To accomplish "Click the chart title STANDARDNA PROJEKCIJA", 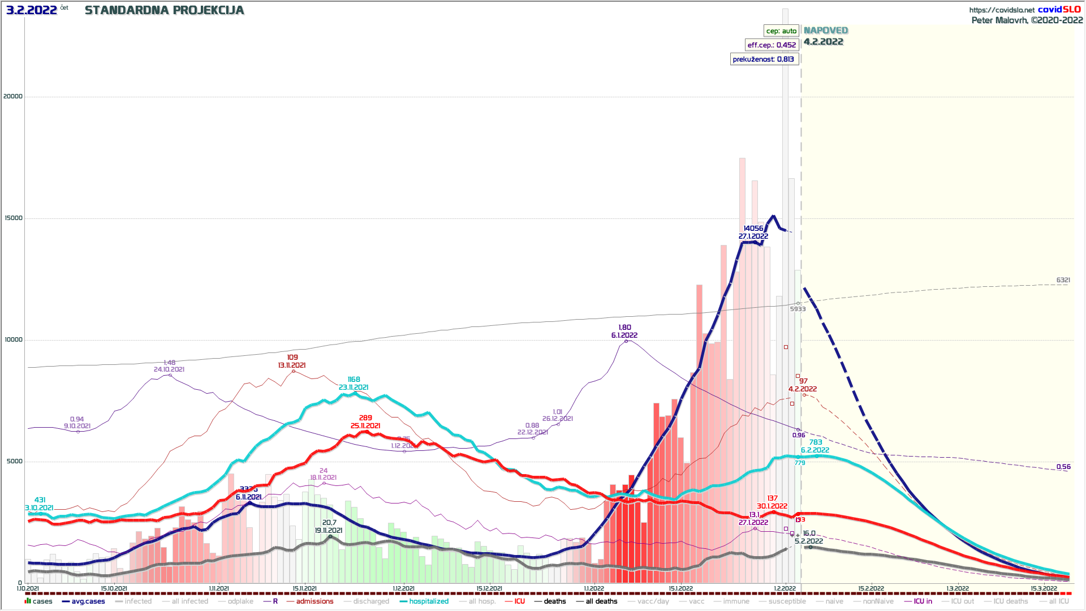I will (164, 10).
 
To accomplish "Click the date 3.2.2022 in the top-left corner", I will (32, 10).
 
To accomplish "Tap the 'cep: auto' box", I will (781, 31).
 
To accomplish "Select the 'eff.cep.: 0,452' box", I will (772, 45).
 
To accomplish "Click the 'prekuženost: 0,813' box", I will (763, 59).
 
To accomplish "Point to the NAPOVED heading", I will (826, 31).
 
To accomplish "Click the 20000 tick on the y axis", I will (13, 96).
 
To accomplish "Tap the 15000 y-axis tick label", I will (13, 218).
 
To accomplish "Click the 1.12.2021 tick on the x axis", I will (403, 588).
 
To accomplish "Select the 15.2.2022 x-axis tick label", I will (870, 588).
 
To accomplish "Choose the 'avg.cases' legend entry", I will (88, 601).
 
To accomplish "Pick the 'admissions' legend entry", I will (314, 601).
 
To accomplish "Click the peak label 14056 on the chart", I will (753, 229).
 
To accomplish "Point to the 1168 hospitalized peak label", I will (354, 380).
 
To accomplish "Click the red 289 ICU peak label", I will (365, 418).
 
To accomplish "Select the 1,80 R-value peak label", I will (624, 328).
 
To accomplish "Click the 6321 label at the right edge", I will (1063, 280).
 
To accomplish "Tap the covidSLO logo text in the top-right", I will (1059, 10).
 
